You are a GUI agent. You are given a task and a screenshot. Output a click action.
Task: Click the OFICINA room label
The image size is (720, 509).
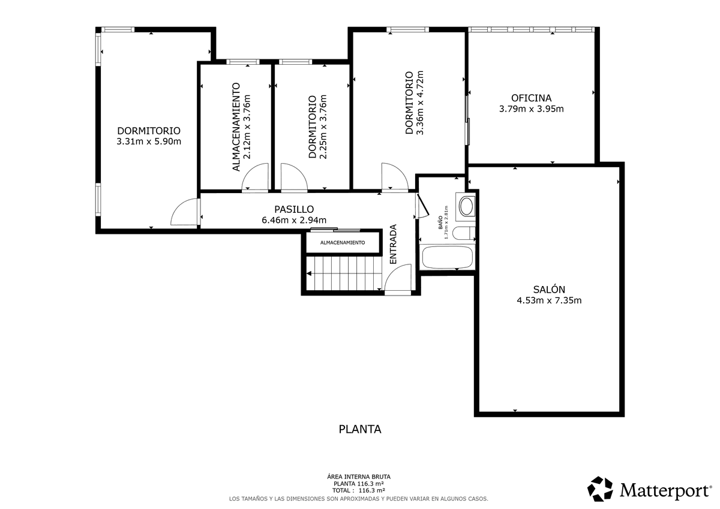point(532,98)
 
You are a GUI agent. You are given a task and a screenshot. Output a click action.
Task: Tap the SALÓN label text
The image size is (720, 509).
point(549,290)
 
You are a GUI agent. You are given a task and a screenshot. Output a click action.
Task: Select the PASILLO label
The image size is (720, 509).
point(294,209)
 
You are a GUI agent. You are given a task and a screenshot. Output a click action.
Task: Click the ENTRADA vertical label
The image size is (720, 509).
point(393,244)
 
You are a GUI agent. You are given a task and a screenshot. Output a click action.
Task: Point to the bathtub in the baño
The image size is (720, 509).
point(448,257)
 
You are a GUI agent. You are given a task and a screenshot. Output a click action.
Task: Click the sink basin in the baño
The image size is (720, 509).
point(466,206)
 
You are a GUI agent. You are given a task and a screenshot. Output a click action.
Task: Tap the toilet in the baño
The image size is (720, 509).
point(463,233)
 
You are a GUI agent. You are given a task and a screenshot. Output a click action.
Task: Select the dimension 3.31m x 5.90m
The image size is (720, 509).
point(149,141)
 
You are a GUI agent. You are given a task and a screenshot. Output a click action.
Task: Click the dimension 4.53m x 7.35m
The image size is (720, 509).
point(549,300)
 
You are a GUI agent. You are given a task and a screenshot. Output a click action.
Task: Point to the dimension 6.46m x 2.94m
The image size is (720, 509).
point(294,220)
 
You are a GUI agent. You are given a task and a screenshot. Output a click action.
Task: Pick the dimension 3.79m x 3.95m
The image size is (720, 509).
point(532,109)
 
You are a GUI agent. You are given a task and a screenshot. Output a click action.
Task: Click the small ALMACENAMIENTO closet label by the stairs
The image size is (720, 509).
point(343,243)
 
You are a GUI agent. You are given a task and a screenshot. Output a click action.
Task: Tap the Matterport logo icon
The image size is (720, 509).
point(600,489)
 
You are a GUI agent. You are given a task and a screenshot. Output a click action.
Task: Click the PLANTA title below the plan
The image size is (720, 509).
point(360,429)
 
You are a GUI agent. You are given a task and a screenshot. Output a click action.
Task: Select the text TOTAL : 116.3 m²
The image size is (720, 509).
point(359,490)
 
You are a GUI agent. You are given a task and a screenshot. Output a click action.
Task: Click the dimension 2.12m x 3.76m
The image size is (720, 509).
point(247,127)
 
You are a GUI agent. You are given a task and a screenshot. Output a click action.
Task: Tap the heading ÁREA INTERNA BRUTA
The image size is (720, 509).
point(359,477)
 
